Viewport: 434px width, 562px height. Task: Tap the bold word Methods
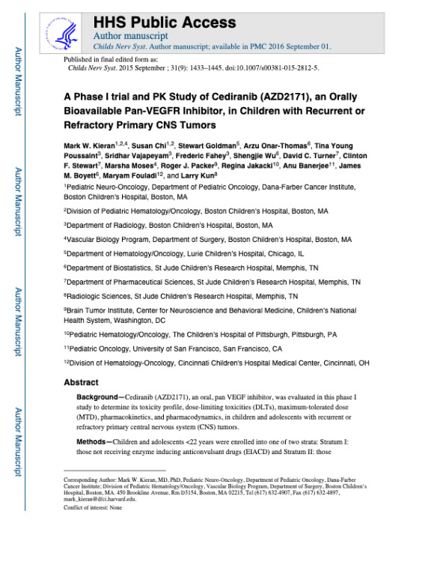click(x=94, y=442)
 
